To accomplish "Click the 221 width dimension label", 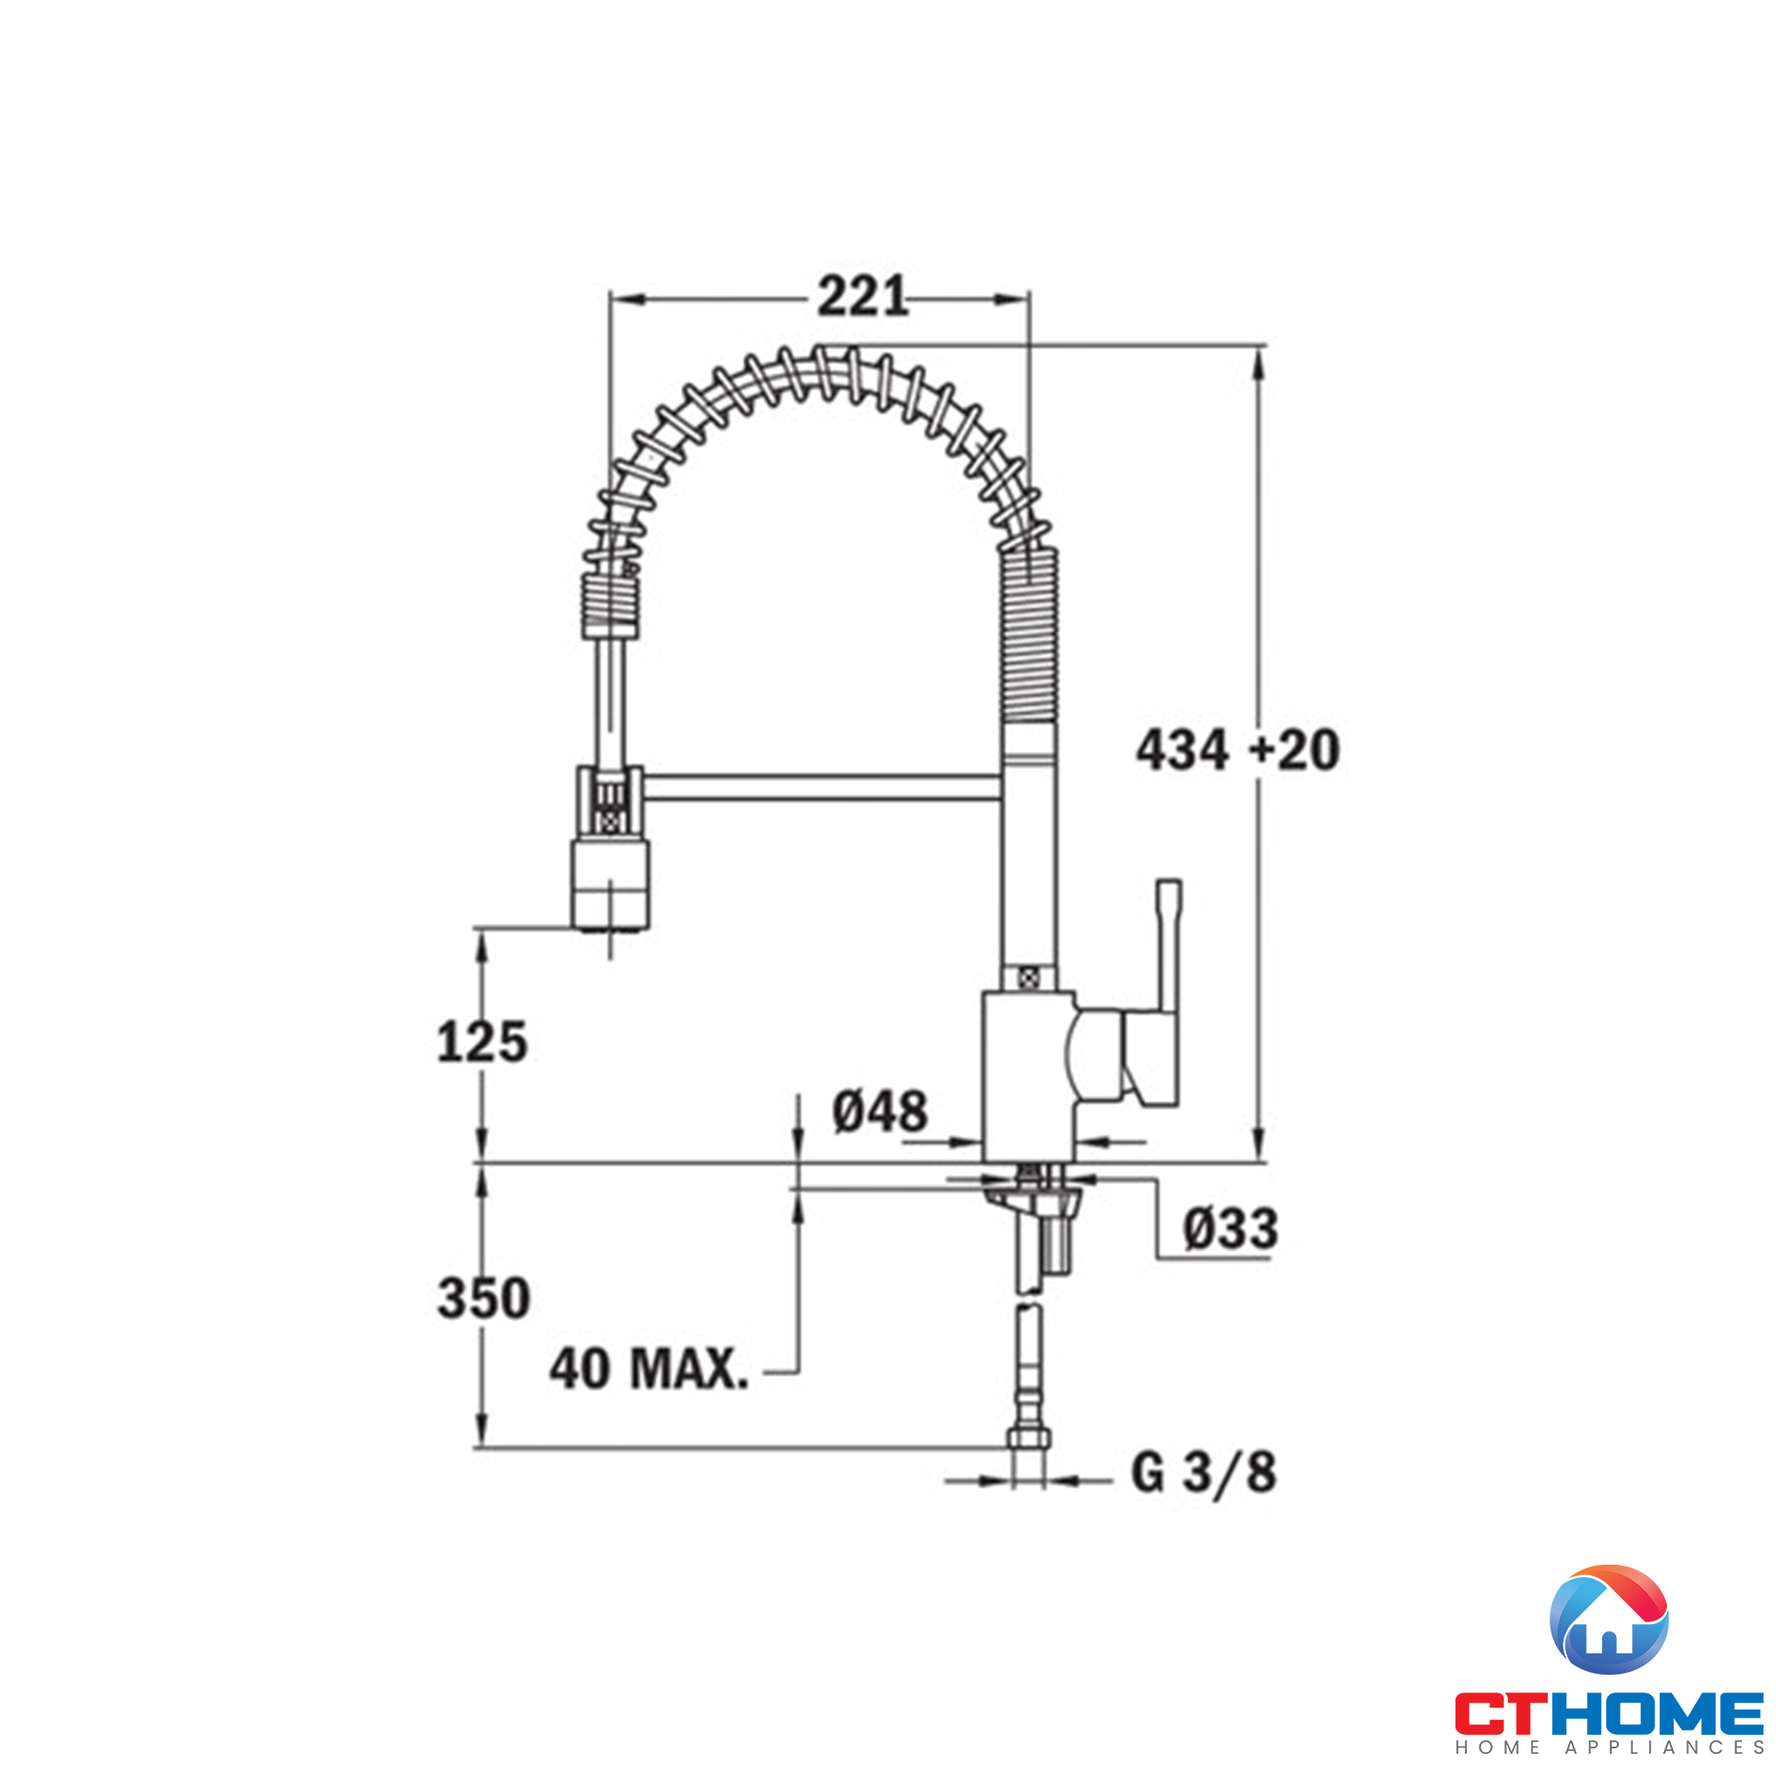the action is click(x=862, y=297).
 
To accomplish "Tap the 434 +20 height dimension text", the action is click(x=1237, y=750).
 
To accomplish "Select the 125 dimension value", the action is click(x=481, y=1043).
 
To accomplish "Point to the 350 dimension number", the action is click(x=484, y=1298).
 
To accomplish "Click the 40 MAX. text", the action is click(x=649, y=1368).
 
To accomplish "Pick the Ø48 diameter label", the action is click(x=880, y=1113).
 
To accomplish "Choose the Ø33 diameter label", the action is click(x=1230, y=1229).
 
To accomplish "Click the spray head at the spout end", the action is click(x=610, y=884).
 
